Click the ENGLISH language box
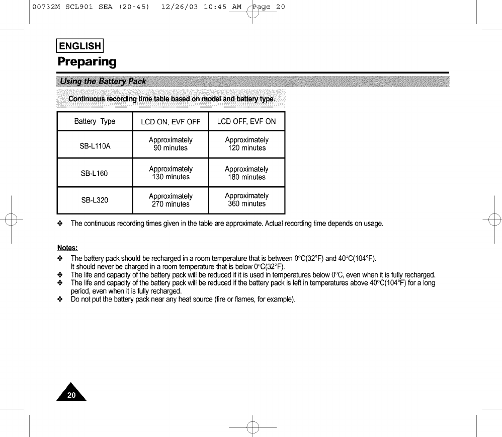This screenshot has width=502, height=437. [80, 47]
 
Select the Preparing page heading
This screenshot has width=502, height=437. [87, 62]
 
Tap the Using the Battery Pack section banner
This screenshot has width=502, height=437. [103, 81]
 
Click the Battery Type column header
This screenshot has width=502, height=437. [95, 121]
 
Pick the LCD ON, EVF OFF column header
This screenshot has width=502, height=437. [171, 122]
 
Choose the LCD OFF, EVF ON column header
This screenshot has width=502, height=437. [246, 121]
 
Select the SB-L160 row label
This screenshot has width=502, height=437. [95, 174]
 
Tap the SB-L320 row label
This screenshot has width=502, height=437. [95, 200]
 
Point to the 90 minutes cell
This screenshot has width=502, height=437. [171, 148]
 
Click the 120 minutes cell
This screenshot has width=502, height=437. [246, 148]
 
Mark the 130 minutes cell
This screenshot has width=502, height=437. [171, 177]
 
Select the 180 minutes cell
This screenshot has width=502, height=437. [246, 177]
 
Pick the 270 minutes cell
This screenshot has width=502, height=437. [171, 204]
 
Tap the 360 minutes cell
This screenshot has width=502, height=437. [246, 204]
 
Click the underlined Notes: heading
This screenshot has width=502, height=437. [67, 248]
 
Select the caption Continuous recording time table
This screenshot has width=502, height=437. [171, 99]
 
